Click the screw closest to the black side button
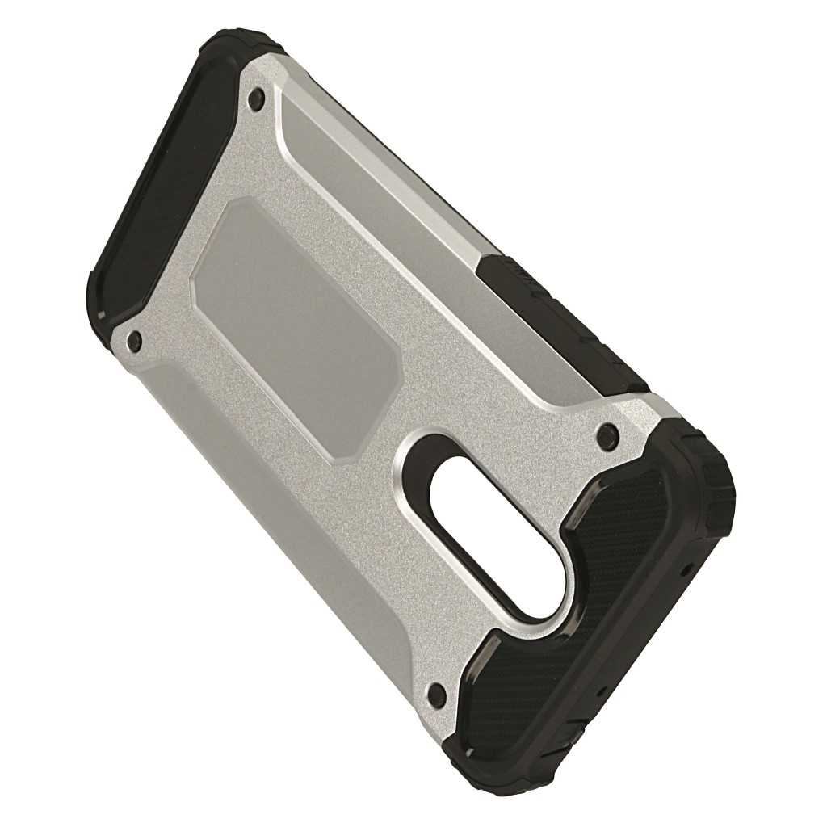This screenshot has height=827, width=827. point(605,437)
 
